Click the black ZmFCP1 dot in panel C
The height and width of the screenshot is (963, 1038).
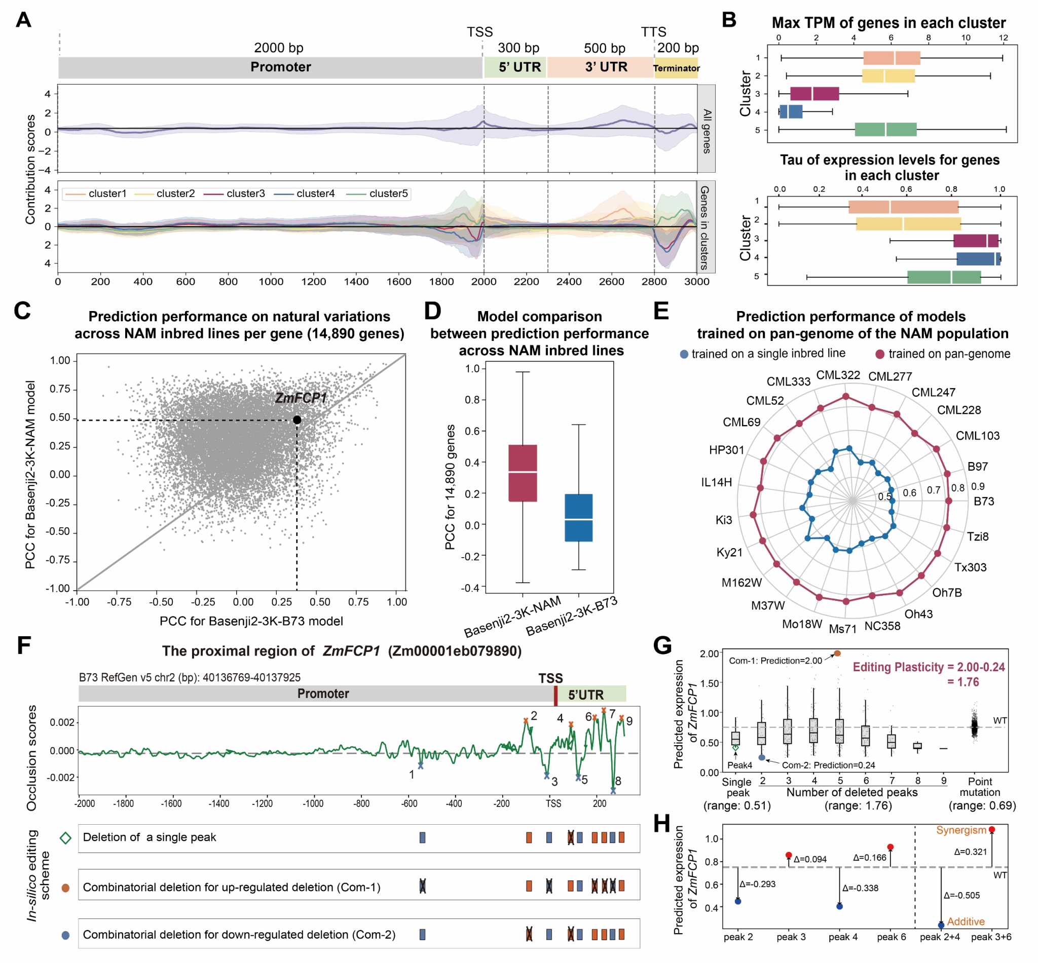click(296, 419)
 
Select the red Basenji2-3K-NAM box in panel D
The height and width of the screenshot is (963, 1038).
click(523, 473)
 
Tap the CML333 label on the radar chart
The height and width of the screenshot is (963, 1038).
click(788, 381)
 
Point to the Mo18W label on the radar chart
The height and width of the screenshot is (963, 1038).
click(801, 624)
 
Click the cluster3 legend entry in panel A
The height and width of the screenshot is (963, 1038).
click(245, 194)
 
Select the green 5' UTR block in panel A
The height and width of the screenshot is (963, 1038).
click(514, 67)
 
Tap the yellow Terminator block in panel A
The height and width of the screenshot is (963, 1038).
click(676, 68)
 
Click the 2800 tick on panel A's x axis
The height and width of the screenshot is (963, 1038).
click(654, 282)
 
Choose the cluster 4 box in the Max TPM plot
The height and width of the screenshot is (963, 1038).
click(791, 111)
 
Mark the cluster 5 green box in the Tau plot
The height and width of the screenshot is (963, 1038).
click(944, 277)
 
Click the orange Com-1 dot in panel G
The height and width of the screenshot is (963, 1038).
click(837, 653)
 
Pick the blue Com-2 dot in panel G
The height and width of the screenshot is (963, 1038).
click(762, 757)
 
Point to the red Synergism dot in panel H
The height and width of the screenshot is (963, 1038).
click(991, 829)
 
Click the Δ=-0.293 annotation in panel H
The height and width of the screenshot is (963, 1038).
click(757, 884)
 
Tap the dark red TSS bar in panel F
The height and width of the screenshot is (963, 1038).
click(555, 695)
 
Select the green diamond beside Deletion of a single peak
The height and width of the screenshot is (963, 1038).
click(65, 838)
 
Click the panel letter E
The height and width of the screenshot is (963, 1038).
click(660, 311)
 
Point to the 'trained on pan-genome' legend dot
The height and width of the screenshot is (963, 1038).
click(879, 355)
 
